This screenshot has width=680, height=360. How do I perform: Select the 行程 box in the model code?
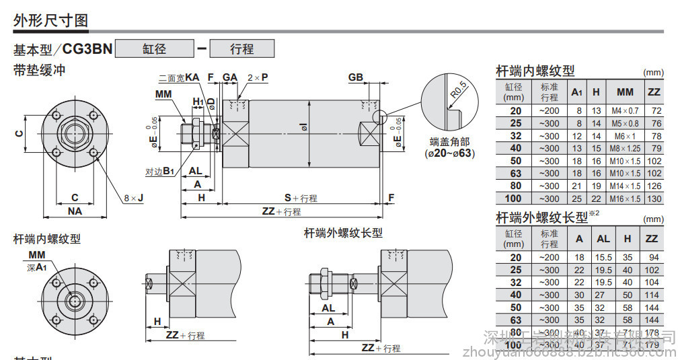pyautogui.click(x=241, y=49)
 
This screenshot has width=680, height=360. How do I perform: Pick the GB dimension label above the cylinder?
pyautogui.click(x=355, y=77)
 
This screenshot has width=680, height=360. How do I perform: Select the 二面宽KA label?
pyautogui.click(x=179, y=78)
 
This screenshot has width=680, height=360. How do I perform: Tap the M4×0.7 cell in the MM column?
pyautogui.click(x=625, y=110)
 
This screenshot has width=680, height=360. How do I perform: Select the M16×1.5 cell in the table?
pyautogui.click(x=625, y=199)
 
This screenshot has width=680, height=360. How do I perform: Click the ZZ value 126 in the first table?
pyautogui.click(x=653, y=186)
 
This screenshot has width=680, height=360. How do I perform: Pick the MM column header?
pyautogui.click(x=625, y=92)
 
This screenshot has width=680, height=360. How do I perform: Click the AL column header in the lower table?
pyautogui.click(x=603, y=238)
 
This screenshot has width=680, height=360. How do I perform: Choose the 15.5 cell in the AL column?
pyautogui.click(x=603, y=257)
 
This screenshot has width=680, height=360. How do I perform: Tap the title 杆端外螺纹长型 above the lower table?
pyautogui.click(x=541, y=217)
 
